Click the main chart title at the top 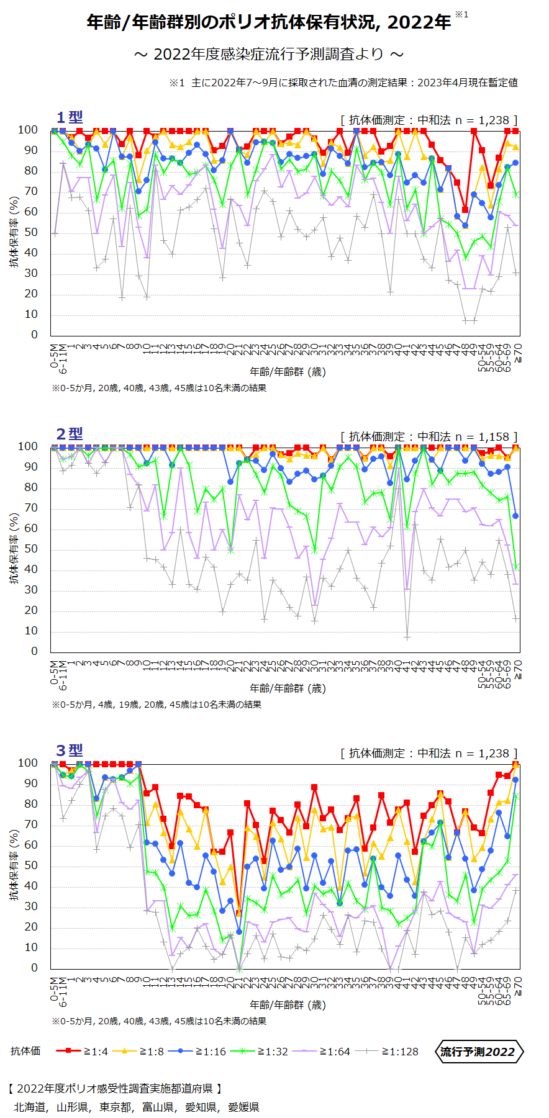[x=269, y=22]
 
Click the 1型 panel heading [x=69, y=117]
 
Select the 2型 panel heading [x=69, y=434]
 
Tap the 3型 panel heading [x=69, y=751]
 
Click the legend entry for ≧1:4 [x=82, y=1051]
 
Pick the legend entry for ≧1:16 [x=197, y=1051]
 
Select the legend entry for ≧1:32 [x=259, y=1051]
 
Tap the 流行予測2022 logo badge [x=478, y=1051]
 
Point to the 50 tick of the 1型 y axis [x=30, y=232]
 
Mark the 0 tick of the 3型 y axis [x=34, y=968]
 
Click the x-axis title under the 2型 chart [x=288, y=688]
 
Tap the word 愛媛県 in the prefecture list [x=243, y=1107]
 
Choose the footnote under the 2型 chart [x=157, y=705]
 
